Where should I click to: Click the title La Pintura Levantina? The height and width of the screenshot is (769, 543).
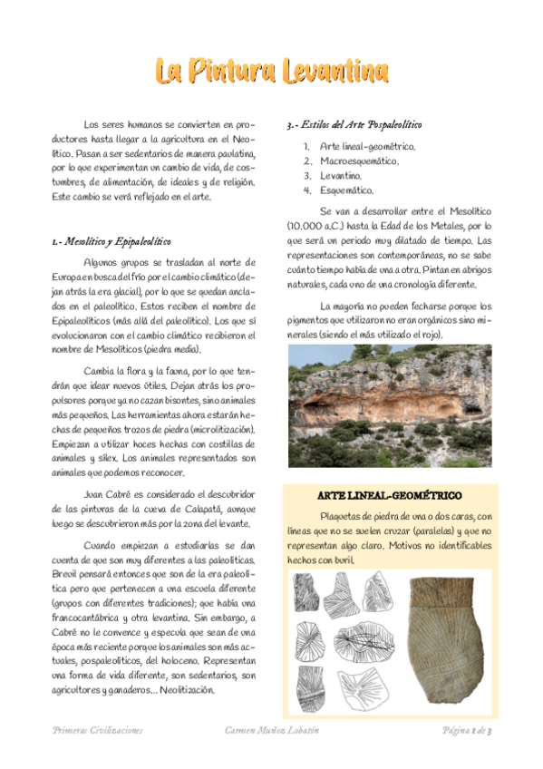pyautogui.click(x=271, y=71)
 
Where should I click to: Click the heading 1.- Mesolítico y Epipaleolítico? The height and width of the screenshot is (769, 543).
pyautogui.click(x=112, y=241)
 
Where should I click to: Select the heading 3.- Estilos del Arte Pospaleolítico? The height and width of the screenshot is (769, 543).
pyautogui.click(x=353, y=123)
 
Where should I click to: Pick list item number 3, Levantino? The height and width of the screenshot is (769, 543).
pyautogui.click(x=341, y=175)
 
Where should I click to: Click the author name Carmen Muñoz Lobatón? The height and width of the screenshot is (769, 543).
pyautogui.click(x=272, y=730)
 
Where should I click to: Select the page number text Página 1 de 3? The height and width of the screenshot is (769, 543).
pyautogui.click(x=466, y=730)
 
